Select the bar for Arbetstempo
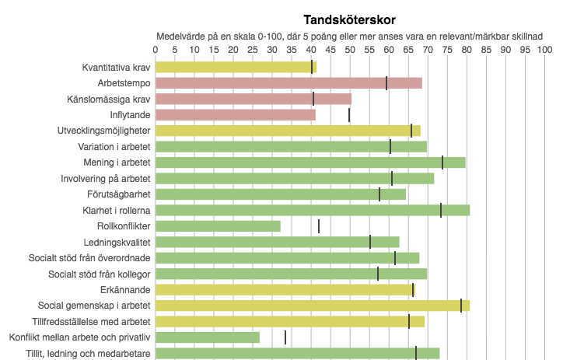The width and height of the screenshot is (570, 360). tap(288, 83)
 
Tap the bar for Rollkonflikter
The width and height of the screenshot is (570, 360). tap(218, 226)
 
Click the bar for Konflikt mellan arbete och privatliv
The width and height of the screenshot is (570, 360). tap(208, 337)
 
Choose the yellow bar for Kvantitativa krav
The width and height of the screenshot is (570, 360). tap(236, 67)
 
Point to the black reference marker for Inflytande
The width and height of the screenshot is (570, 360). tap(349, 115)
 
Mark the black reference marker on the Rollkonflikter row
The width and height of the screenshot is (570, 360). tap(319, 226)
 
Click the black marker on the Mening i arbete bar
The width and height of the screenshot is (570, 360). tap(442, 163)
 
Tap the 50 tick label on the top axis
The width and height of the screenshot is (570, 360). tap(349, 49)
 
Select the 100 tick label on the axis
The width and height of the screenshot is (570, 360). tap(544, 49)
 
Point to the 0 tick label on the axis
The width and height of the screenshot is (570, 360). tap(156, 49)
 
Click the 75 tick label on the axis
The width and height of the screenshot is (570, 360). tap(446, 49)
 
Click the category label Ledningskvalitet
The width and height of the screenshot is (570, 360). tap(117, 242)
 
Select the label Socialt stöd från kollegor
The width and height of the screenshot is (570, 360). tap(100, 274)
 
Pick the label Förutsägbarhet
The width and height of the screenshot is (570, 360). tap(117, 194)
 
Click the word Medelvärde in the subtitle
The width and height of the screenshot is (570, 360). tap(181, 36)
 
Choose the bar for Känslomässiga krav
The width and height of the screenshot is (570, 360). tap(254, 99)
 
